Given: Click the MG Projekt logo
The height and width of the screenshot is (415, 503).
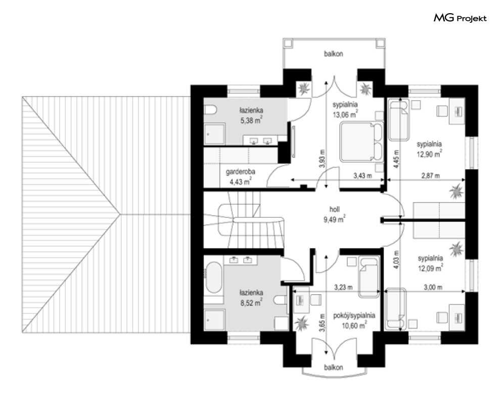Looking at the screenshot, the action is point(460,18).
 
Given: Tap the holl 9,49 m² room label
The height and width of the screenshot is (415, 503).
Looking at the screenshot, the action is point(334,214).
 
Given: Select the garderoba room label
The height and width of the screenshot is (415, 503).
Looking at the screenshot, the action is point(240,172).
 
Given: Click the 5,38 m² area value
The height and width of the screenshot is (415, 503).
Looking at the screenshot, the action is point(252,120).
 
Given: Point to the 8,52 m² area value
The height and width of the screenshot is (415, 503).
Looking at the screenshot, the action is point(252,302).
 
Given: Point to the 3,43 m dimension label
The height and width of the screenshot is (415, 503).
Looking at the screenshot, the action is point(362,175).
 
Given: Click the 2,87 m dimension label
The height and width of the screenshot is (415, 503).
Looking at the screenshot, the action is point(431,175).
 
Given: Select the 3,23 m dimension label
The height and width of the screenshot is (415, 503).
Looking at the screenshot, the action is point(343,287).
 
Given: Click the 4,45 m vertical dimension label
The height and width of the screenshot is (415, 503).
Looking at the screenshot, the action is point(396,159).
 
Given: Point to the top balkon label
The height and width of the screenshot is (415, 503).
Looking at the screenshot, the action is point(333,54).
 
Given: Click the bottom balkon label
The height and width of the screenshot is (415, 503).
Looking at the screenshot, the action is point(333,367).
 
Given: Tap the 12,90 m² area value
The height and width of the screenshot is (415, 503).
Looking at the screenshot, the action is point(429,154).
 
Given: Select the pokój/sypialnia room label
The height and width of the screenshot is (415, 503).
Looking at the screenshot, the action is point(354,315).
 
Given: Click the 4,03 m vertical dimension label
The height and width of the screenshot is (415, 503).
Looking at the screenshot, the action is point(396,259).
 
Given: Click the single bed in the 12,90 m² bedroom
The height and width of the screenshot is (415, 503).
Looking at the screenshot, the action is point(399,120).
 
